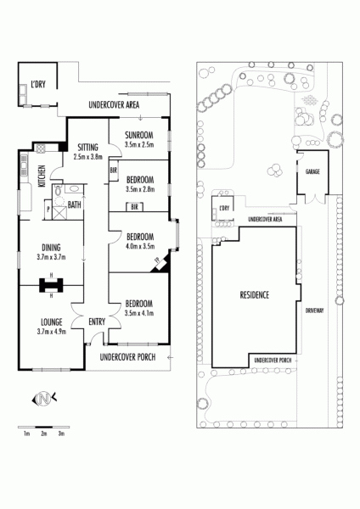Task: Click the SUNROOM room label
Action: click(139, 135)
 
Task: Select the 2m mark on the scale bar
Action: click(44, 433)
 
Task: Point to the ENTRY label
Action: click(97, 322)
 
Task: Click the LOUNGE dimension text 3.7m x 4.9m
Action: click(51, 332)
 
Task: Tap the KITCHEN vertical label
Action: click(42, 176)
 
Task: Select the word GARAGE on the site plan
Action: click(312, 171)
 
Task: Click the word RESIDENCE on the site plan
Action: click(255, 294)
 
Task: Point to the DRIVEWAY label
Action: click(314, 310)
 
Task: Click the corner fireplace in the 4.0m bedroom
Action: click(160, 263)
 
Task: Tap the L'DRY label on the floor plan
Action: click(38, 85)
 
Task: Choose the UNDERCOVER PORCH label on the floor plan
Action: click(127, 357)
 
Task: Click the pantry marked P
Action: click(48, 210)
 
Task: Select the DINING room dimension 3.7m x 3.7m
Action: click(51, 257)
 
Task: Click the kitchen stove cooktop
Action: click(41, 148)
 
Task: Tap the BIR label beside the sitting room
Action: click(114, 170)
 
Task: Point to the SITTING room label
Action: click(87, 148)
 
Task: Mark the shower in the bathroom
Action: click(59, 213)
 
